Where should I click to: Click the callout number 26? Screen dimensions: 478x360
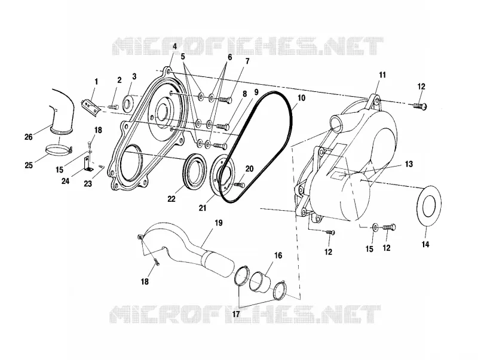tap(28, 137)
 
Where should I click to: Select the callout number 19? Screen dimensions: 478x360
tap(219, 223)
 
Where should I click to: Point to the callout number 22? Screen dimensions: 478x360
tap(171, 199)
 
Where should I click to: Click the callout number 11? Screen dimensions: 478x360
tap(382, 75)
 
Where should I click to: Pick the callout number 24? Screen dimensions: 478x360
tap(65, 181)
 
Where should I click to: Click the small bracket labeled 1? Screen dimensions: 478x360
tap(91, 107)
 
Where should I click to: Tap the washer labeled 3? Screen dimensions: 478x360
tap(128, 102)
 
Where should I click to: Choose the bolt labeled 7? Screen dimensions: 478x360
tap(225, 99)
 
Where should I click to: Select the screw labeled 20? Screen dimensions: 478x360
tap(240, 184)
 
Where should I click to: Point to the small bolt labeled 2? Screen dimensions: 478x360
tap(114, 107)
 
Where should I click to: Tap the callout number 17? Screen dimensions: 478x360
tap(236, 313)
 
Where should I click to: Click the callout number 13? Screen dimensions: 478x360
tap(409, 164)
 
